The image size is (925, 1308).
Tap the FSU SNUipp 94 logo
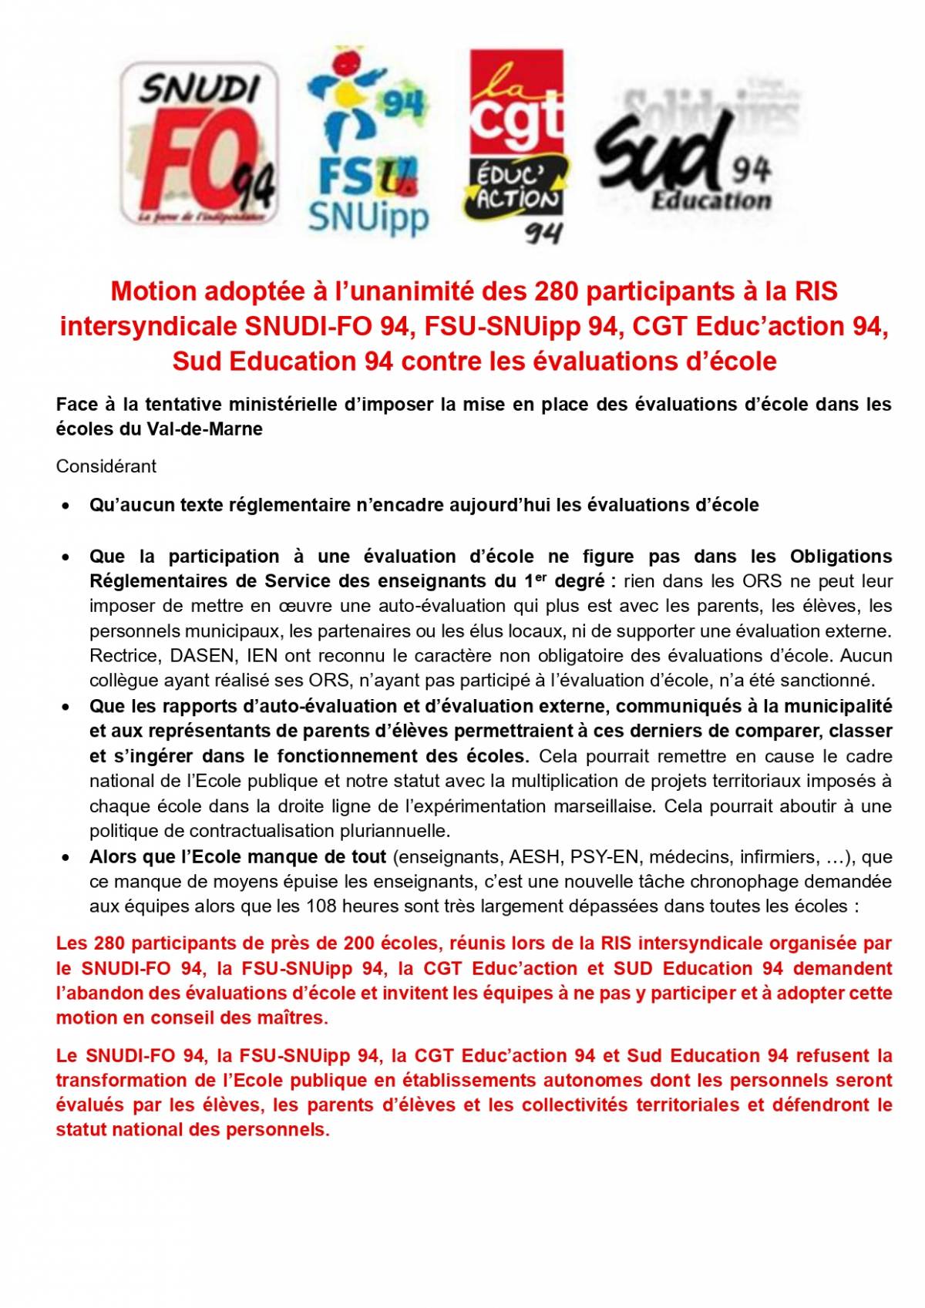[x=368, y=143]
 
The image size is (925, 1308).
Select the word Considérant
[x=106, y=466]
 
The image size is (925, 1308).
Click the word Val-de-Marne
[x=204, y=429]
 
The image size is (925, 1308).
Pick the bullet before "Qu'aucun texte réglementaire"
[x=67, y=506]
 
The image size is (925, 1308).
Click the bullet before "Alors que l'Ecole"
[x=67, y=858]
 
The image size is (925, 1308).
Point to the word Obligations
[x=840, y=556]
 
